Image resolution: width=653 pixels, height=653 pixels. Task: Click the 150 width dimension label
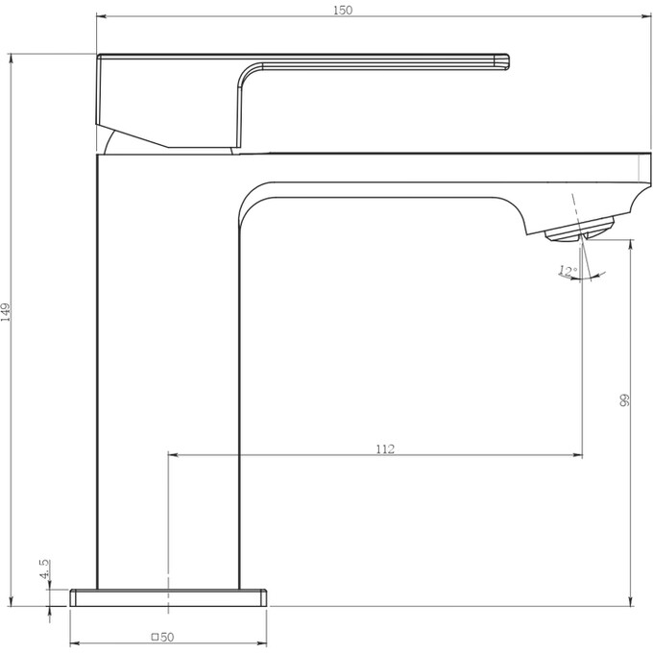(343, 10)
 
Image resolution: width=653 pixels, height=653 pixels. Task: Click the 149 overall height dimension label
(6, 312)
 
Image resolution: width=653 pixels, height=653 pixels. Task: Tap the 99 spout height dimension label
(624, 400)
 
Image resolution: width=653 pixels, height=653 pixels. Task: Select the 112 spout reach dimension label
(385, 449)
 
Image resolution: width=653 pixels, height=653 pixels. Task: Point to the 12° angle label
(568, 271)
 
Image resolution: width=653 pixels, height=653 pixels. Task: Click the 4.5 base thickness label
(44, 568)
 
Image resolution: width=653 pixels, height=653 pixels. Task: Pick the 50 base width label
(167, 638)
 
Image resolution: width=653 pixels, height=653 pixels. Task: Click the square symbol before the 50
(155, 637)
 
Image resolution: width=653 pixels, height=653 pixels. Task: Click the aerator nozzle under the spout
(580, 230)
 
